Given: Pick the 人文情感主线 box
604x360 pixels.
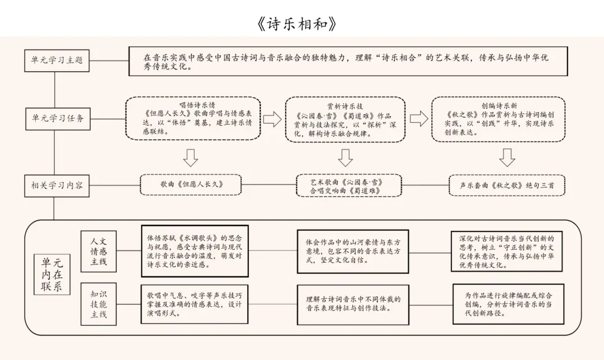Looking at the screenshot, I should point(98,250).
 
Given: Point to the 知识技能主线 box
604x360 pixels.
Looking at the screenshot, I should point(98,302).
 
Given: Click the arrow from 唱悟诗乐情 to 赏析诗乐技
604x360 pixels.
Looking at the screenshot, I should point(272,119).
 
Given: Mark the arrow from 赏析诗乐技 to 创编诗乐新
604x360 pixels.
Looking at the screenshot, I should point(419,119).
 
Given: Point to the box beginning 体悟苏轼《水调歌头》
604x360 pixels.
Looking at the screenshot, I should point(194,251).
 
